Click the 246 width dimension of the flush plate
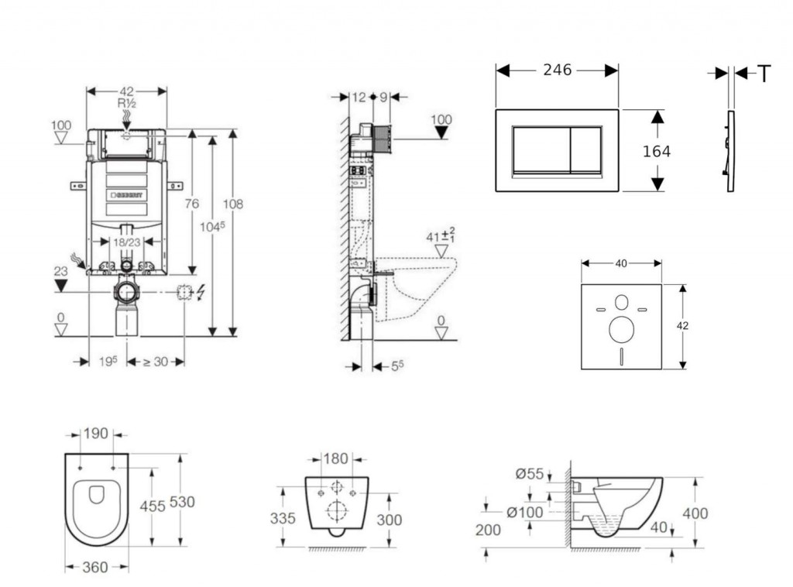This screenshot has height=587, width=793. [557, 70]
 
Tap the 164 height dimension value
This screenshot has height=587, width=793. [657, 151]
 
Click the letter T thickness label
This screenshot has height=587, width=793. [764, 74]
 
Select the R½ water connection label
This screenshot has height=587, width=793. [127, 102]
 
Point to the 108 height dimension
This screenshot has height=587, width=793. [233, 204]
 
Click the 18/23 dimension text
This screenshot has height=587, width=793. [127, 242]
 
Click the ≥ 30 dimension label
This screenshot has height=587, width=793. [156, 362]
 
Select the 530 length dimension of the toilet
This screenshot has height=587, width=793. [182, 502]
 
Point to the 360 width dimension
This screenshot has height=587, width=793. [95, 568]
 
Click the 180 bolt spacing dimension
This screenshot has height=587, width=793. [335, 459]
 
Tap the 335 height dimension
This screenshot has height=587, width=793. [283, 518]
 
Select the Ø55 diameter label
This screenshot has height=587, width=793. [530, 474]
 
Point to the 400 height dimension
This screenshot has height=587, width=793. [695, 513]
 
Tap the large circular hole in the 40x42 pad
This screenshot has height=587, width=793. [621, 329]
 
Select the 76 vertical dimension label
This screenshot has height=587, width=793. [192, 204]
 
